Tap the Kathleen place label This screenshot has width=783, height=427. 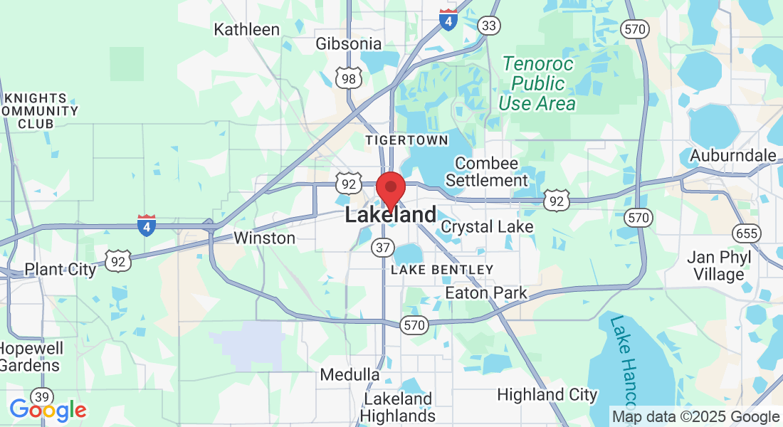click(x=247, y=29)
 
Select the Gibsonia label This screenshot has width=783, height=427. click(x=349, y=44)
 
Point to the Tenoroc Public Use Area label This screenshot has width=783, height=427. click(x=537, y=83)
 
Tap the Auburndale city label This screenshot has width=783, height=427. click(x=733, y=155)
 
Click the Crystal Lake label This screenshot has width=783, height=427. click(x=487, y=227)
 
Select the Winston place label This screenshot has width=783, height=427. click(x=264, y=238)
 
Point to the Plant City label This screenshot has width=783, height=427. click(x=60, y=269)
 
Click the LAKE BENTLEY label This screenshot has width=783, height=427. click(x=442, y=270)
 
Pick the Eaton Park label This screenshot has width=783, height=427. click(x=486, y=292)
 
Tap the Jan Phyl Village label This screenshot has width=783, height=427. click(x=715, y=265)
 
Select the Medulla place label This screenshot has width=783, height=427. click(x=350, y=374)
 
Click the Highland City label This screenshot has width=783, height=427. click(x=547, y=394)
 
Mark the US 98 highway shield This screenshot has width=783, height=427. click(x=348, y=78)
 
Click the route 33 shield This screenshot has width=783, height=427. click(x=488, y=26)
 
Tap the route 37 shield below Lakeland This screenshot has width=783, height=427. click(x=382, y=248)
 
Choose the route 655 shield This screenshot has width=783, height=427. click(x=747, y=233)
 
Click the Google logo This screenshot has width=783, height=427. click(x=48, y=410)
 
